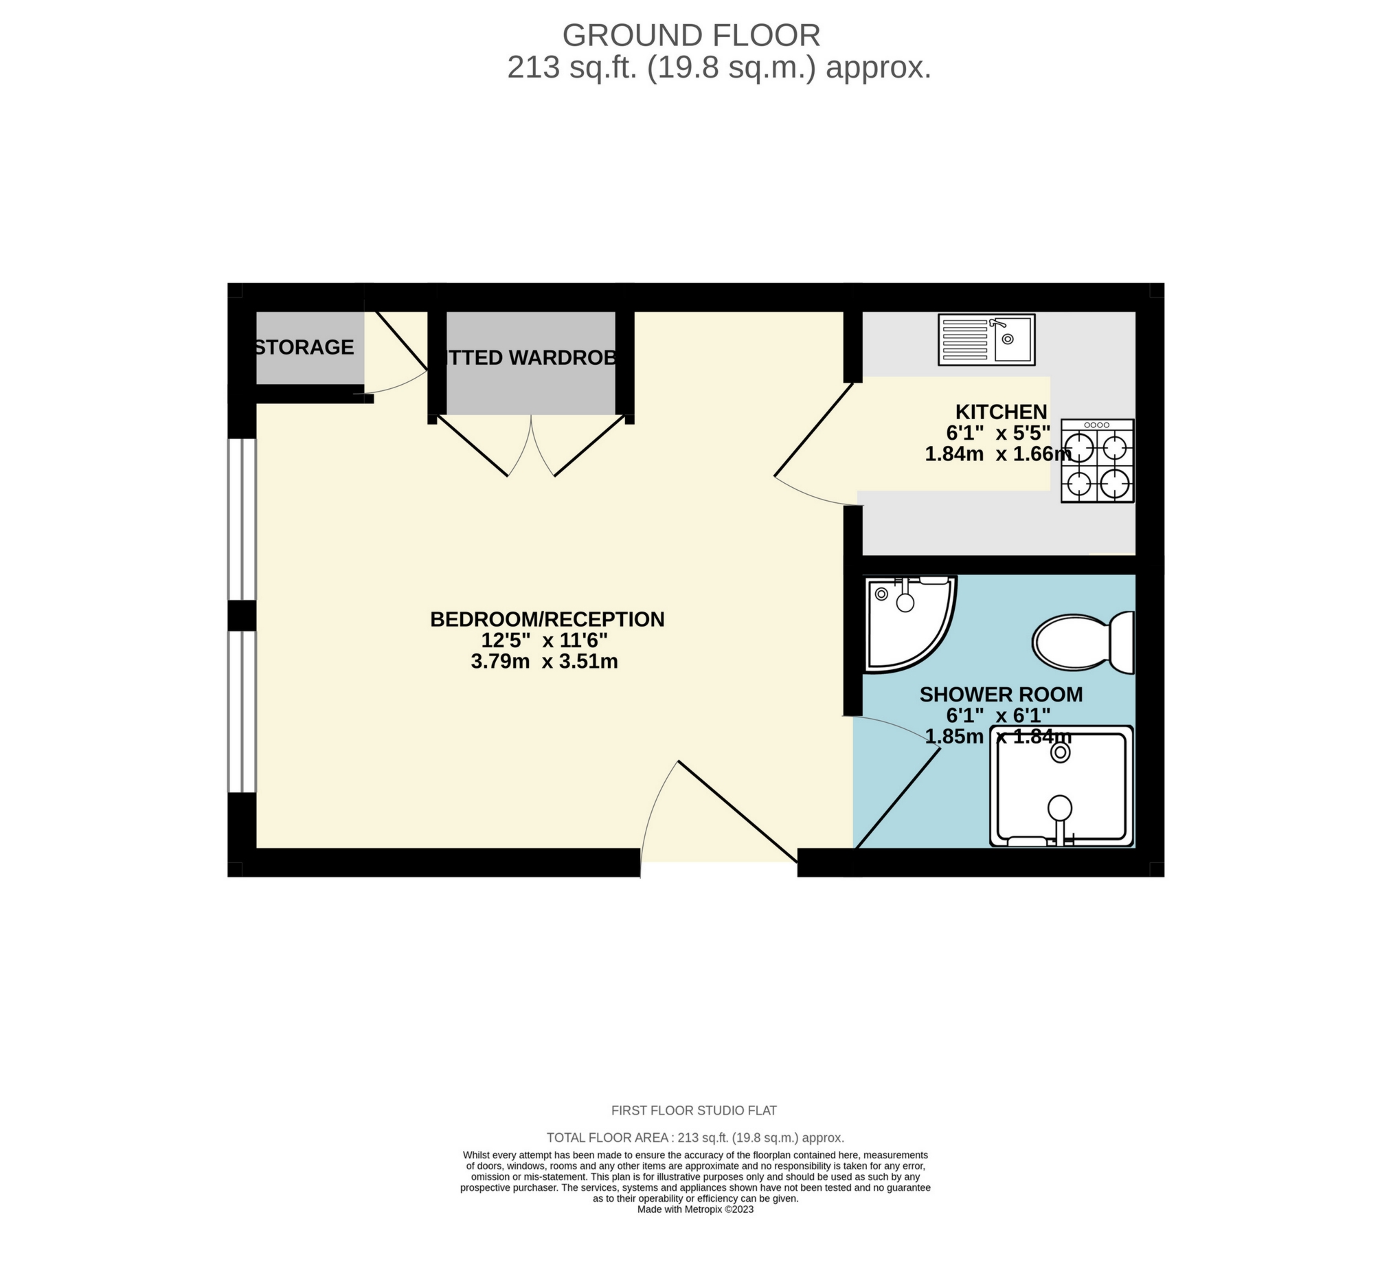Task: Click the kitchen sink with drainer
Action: (986, 339)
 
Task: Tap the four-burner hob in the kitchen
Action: (1097, 460)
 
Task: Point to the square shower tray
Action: (1061, 785)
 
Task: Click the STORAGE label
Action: (304, 347)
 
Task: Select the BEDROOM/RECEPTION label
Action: (547, 619)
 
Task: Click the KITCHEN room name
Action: (1000, 412)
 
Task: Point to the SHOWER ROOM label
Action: (1000, 695)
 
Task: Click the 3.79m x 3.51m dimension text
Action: (544, 662)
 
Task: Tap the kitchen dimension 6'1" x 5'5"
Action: (997, 433)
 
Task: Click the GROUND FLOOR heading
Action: (691, 36)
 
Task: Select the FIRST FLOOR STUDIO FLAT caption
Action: (694, 1110)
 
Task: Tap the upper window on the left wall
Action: (242, 519)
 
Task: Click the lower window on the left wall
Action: (242, 711)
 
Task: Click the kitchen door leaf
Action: (814, 430)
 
